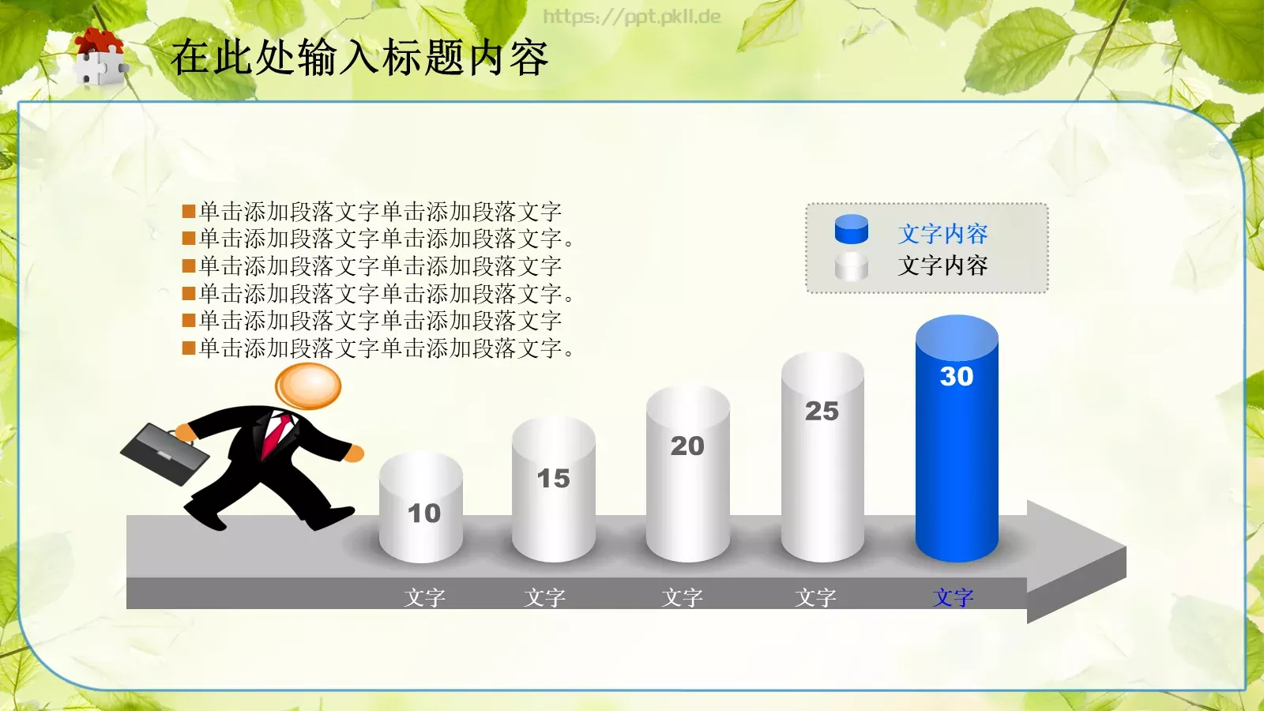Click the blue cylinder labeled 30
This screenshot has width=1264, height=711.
click(957, 458)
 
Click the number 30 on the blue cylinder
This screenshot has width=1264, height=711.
click(957, 377)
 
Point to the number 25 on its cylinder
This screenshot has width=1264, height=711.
click(822, 412)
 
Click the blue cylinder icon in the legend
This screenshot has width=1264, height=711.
click(852, 230)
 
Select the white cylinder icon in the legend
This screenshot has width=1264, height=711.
click(852, 267)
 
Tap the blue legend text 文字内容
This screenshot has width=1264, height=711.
click(942, 234)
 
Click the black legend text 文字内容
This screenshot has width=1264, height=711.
click(942, 266)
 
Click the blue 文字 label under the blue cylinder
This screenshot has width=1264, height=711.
click(954, 598)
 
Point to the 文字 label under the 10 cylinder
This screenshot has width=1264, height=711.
click(425, 598)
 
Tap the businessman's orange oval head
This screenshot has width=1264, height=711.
click(308, 386)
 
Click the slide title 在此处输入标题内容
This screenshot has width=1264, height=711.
click(359, 58)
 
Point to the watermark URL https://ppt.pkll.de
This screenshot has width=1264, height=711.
click(632, 17)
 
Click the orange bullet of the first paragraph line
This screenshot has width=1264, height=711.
click(189, 212)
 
